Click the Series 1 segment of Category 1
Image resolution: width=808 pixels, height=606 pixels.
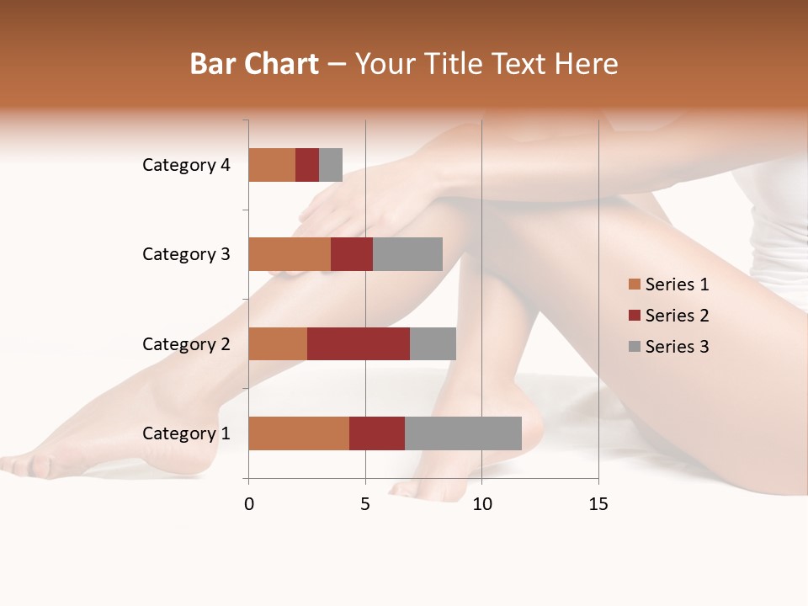299,433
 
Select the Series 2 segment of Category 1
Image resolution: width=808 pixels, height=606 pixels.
377,433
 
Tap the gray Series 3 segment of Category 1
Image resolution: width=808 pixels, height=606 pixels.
463,433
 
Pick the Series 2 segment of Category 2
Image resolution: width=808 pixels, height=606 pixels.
359,343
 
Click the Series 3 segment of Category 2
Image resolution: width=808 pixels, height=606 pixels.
433,343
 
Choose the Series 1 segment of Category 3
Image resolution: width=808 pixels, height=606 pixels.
290,254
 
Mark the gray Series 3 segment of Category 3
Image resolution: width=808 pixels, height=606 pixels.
407,254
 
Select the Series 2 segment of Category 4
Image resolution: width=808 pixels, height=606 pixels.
307,165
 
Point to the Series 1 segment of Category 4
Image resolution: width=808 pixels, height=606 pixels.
272,165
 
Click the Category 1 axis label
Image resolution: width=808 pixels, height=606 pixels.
186,433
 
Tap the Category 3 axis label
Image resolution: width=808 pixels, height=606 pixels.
186,254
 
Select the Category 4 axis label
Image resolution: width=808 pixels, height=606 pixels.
186,165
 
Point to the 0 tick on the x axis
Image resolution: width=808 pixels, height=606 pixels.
249,504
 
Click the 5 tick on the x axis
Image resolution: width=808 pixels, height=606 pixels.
365,504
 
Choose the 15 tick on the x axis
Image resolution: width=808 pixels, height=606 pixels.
598,504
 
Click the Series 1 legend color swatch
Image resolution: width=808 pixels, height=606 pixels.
634,284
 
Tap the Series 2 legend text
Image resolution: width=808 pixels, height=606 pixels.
677,316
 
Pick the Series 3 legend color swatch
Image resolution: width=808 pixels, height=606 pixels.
634,347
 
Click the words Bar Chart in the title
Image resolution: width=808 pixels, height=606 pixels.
254,64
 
